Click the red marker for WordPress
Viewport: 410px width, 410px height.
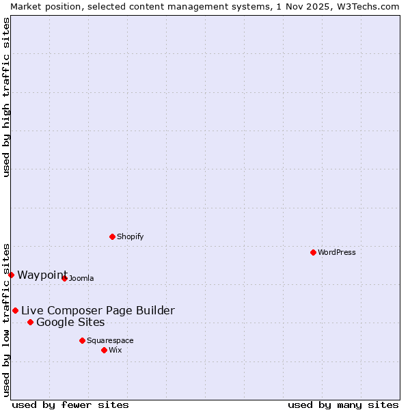click(313, 252)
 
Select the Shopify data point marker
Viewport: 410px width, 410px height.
click(112, 236)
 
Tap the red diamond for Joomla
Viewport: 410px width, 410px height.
click(64, 278)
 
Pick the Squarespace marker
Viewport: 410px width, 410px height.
click(82, 340)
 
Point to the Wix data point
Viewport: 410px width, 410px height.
click(104, 350)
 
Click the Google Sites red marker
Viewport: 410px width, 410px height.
click(30, 322)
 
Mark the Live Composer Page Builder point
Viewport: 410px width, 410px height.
click(15, 310)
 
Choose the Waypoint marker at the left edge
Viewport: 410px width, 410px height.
click(11, 275)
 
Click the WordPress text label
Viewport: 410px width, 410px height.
click(337, 252)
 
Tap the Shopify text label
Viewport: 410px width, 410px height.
click(131, 236)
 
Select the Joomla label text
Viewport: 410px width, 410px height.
click(81, 278)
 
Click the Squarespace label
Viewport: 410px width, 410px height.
click(110, 340)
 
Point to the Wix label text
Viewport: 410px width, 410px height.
click(115, 350)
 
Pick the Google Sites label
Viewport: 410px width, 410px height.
click(70, 323)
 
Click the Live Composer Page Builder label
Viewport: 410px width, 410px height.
click(98, 311)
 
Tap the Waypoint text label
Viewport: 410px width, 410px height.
click(42, 275)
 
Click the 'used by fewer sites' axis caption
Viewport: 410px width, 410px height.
click(70, 405)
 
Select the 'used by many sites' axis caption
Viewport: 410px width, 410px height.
click(343, 405)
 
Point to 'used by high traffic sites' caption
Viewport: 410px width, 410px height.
click(6, 98)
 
